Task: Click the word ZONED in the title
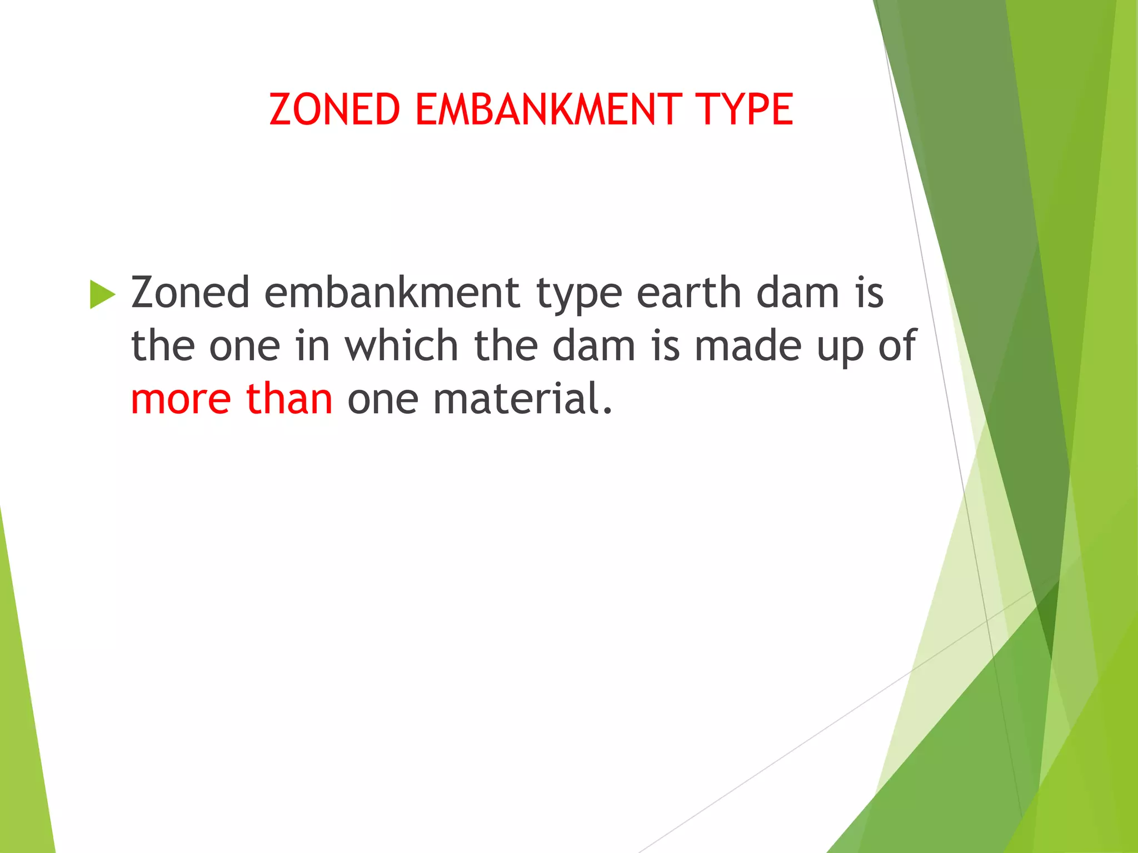pyautogui.click(x=335, y=109)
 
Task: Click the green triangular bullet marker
pyautogui.click(x=102, y=294)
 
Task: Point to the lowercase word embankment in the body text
pyautogui.click(x=392, y=293)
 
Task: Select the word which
pyautogui.click(x=402, y=346)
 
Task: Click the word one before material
pyautogui.click(x=383, y=399)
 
